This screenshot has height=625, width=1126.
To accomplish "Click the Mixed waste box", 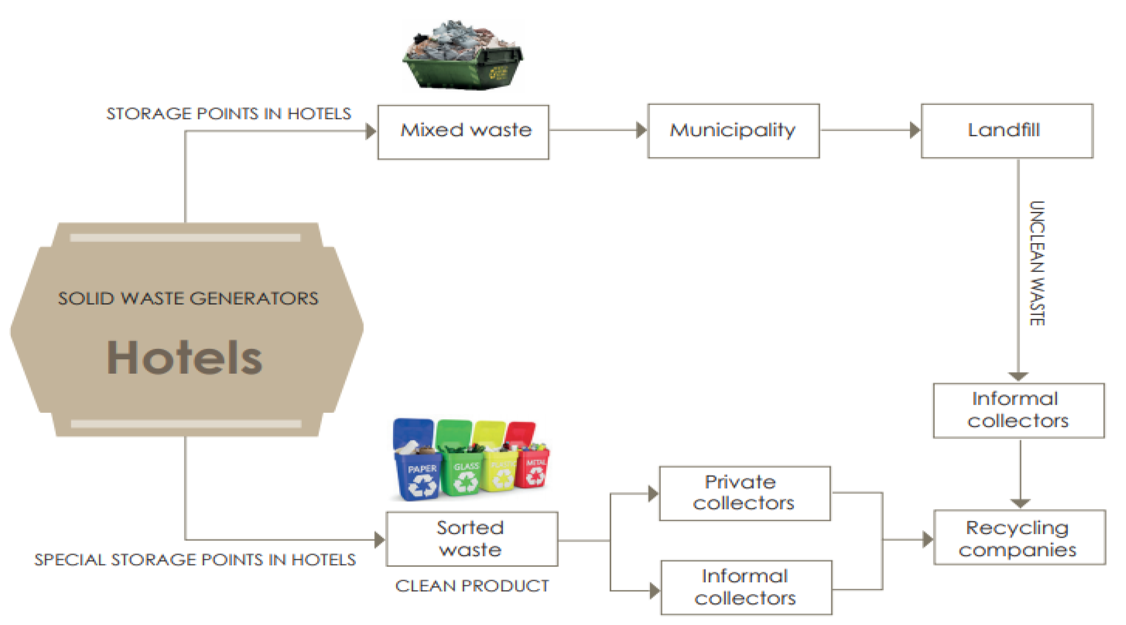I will [x=463, y=131].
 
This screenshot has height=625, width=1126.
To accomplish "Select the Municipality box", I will [x=733, y=131].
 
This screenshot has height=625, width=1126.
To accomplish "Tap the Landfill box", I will [x=1007, y=131].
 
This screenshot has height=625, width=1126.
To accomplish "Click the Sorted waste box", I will [x=471, y=538].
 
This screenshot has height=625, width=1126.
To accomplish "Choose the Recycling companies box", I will [x=1019, y=538].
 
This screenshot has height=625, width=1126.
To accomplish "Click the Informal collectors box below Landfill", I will [x=1018, y=410].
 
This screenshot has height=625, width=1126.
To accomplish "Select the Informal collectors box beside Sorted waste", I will [x=746, y=587].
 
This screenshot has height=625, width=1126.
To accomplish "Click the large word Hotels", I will [x=184, y=358].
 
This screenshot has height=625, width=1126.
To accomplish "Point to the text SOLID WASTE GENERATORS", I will [x=188, y=298].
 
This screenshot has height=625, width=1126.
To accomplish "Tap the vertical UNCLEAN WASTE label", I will [x=1036, y=263].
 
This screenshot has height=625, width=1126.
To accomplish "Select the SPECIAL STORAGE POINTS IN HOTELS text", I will [x=195, y=560].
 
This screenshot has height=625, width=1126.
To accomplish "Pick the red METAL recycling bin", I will [x=531, y=459].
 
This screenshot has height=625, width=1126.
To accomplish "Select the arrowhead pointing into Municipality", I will [x=641, y=130].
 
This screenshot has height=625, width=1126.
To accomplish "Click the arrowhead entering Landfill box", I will [x=915, y=130].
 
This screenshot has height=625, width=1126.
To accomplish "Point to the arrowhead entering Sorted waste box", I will [x=379, y=540].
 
